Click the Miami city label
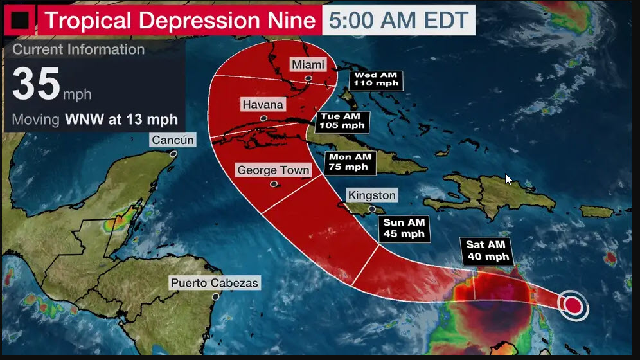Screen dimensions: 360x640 [308, 64]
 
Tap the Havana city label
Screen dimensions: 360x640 [262, 104]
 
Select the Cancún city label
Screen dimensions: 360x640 [172, 140]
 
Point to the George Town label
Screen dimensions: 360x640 [273, 170]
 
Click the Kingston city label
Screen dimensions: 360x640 [371, 195]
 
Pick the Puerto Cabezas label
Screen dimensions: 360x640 [215, 283]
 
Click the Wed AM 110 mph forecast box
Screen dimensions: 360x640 [376, 79]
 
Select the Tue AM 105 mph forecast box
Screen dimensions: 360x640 [344, 121]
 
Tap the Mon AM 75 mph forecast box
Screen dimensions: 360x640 [350, 161]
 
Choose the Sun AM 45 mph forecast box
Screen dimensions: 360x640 [404, 228]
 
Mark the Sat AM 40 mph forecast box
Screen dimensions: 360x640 [485, 250]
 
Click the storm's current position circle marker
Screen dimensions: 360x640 [573, 304]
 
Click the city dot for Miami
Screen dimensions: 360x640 [309, 79]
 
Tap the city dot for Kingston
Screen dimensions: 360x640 [371, 209]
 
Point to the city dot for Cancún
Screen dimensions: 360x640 [173, 154]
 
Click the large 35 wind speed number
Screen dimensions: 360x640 [37, 85]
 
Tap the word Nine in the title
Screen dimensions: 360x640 [289, 21]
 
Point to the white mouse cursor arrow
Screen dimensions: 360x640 [509, 179]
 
